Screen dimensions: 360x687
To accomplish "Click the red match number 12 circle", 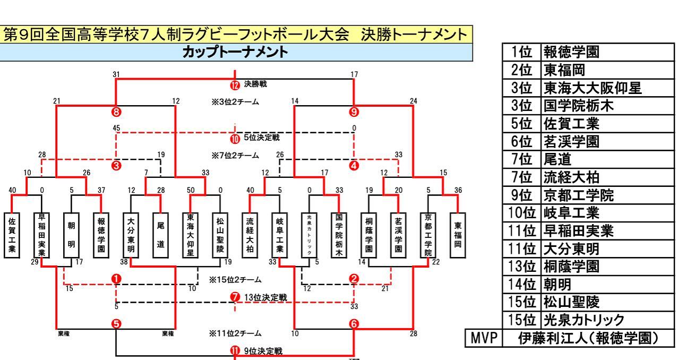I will [x=235, y=84].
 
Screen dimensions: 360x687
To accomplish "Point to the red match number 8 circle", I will [x=116, y=111].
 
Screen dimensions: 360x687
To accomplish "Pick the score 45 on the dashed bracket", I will [x=116, y=127].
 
